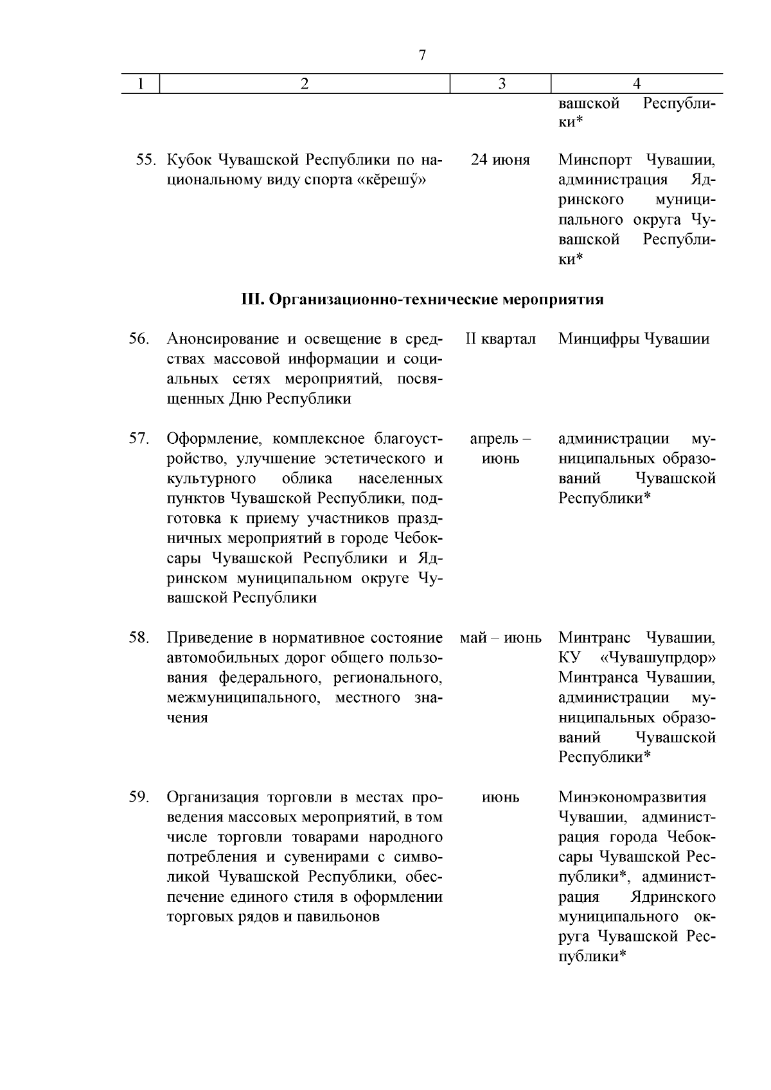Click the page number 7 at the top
(x=422, y=55)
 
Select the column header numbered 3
(x=501, y=84)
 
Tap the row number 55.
(x=148, y=160)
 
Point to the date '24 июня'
(x=501, y=160)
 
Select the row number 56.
(x=139, y=339)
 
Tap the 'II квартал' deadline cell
(x=501, y=339)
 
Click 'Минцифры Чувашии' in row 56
(x=634, y=339)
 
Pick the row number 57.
(x=139, y=439)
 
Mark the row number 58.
(x=139, y=638)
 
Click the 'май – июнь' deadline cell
(x=501, y=638)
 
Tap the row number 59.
(x=139, y=798)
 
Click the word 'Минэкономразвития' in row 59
(x=632, y=798)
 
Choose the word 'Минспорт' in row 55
(x=595, y=160)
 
